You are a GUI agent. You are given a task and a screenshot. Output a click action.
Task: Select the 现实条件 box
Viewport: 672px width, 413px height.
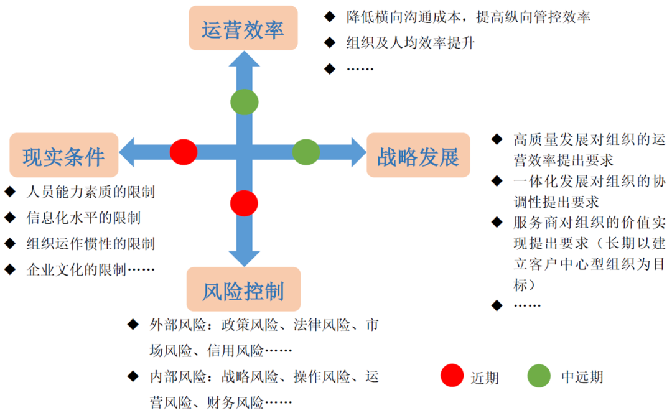point(63,155)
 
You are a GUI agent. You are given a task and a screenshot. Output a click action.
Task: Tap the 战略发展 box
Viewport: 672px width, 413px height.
point(418,155)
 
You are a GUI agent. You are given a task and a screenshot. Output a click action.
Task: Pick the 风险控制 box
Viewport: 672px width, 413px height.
point(243,289)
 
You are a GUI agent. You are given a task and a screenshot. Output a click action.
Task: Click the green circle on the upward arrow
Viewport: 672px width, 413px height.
point(244,102)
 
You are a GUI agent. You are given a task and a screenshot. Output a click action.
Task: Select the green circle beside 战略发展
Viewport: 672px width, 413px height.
point(306,152)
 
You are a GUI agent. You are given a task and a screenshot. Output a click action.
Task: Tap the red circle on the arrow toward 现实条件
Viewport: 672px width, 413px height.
point(184,152)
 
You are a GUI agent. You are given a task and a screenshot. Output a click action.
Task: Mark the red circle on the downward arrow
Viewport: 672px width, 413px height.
point(244,202)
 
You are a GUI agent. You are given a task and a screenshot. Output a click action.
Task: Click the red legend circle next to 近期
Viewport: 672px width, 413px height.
point(452,376)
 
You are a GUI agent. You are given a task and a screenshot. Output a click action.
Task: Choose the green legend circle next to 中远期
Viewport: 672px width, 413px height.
point(539,376)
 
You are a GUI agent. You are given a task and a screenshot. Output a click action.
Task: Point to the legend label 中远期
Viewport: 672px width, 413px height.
point(582,376)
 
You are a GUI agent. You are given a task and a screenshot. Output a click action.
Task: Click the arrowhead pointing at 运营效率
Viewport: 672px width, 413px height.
point(244,61)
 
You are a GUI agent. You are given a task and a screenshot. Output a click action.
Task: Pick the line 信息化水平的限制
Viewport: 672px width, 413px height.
point(83,217)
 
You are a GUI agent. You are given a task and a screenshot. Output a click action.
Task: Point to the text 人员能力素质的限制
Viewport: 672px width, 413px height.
point(90,192)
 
